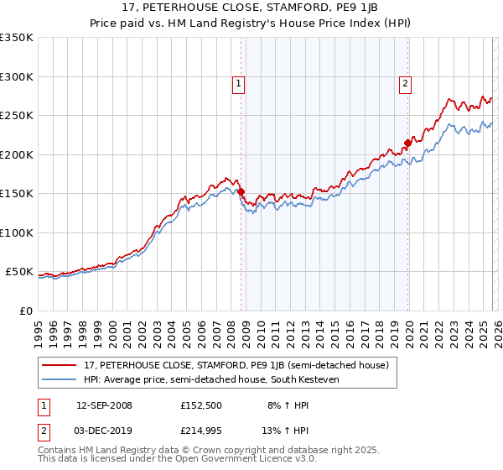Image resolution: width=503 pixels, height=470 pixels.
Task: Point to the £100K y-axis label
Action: tap(16, 232)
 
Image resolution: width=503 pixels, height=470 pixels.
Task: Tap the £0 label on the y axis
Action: tap(25, 311)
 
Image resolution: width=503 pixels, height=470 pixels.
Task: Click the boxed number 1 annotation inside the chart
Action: tap(239, 83)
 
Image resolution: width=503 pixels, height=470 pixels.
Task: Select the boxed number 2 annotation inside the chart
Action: tap(405, 83)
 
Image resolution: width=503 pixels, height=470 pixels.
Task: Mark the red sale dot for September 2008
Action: tap(241, 192)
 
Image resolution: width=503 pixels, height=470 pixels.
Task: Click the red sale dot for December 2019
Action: tap(407, 143)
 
